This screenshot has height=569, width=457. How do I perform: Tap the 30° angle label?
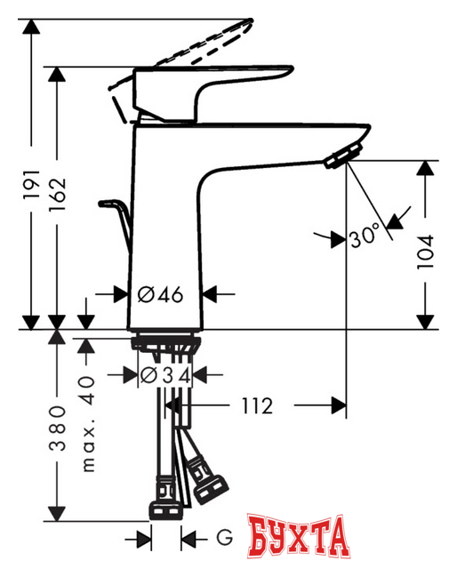(x=365, y=237)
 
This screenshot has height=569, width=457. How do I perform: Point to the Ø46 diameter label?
(x=162, y=294)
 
